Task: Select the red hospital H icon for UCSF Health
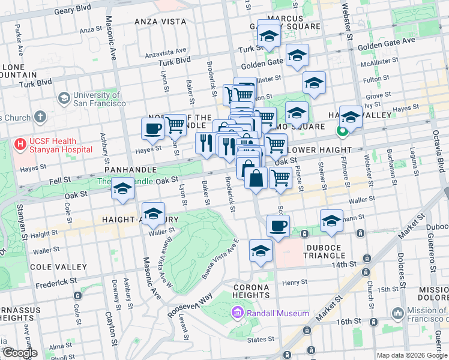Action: (x=20, y=145)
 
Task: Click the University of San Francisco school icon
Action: (x=63, y=98)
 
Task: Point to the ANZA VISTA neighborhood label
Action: (x=160, y=21)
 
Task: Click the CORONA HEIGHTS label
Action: (x=251, y=290)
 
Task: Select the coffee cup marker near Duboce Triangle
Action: (x=278, y=226)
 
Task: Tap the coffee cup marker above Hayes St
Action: (x=153, y=128)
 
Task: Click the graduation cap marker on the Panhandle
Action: (x=122, y=188)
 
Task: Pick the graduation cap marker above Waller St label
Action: (x=153, y=214)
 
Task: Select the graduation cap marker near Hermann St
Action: (x=331, y=221)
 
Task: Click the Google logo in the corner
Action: (x=19, y=353)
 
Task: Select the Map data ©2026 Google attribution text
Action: (x=412, y=355)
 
